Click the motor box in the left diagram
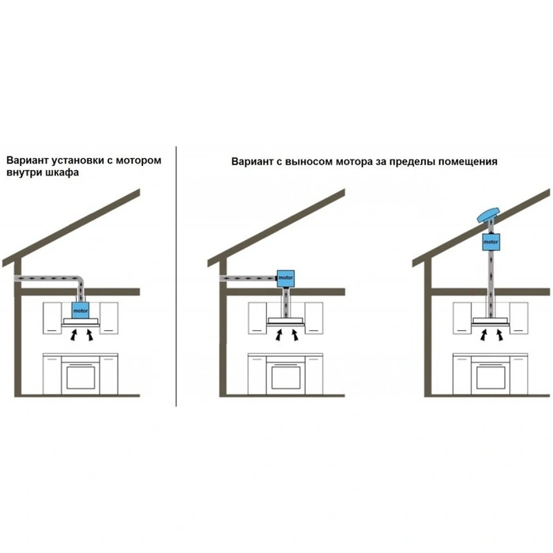[81, 310]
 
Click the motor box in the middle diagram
[285, 279]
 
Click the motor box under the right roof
[491, 243]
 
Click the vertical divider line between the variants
[176, 276]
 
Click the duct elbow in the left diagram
[80, 280]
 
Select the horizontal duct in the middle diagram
[248, 279]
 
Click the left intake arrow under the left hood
[73, 335]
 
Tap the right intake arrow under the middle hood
[294, 335]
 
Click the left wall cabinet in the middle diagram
[257, 318]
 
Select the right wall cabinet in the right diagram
[519, 318]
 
